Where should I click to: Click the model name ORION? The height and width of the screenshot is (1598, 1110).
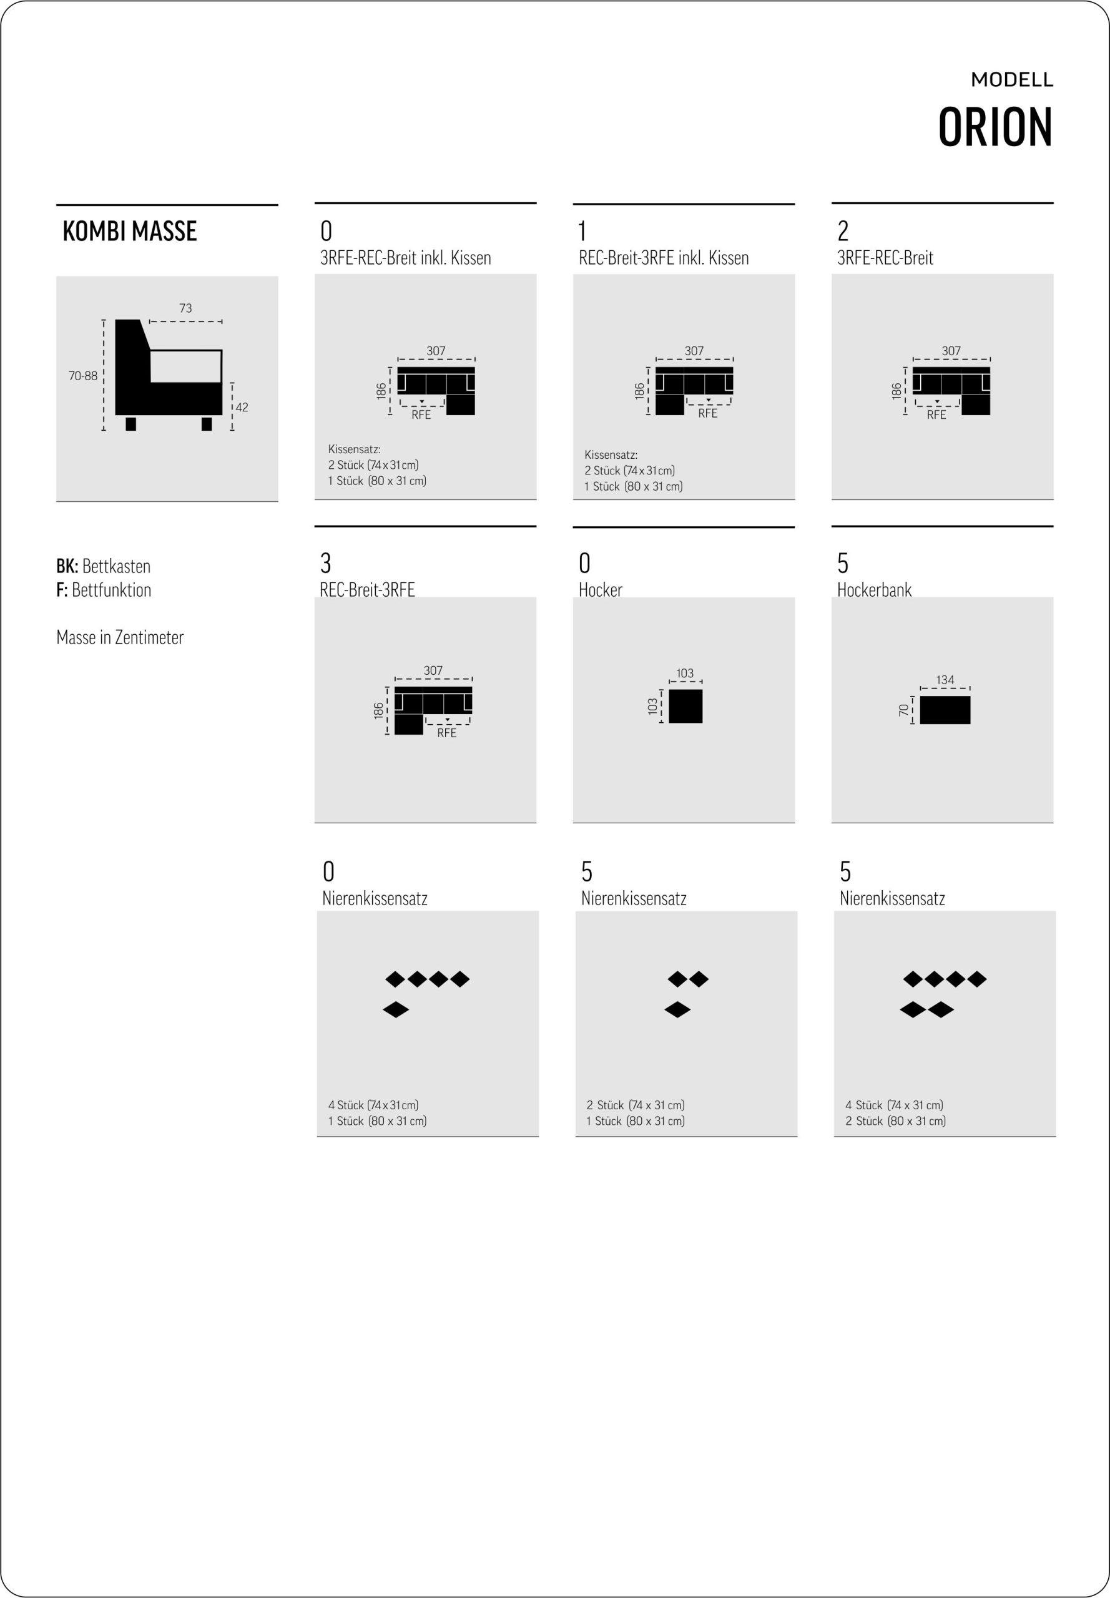995,127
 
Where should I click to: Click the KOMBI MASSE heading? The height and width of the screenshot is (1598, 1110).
129,231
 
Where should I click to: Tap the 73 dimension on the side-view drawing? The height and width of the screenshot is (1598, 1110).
185,308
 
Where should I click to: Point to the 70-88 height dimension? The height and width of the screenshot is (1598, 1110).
83,376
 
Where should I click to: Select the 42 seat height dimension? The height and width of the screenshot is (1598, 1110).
242,408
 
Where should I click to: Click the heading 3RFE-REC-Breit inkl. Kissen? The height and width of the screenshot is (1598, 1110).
405,258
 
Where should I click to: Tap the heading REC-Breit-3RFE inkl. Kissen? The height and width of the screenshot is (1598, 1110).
664,258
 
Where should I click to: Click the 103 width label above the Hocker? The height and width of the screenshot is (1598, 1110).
685,673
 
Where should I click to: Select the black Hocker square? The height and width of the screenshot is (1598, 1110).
685,707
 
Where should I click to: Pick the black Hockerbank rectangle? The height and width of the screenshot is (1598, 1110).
945,710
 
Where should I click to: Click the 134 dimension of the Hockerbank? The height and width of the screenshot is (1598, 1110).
945,680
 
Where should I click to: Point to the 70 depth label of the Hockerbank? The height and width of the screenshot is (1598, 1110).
903,710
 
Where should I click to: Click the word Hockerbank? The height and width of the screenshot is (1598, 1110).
874,590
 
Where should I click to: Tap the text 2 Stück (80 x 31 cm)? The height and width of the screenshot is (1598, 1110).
896,1121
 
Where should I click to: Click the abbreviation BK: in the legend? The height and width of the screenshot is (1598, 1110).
67,566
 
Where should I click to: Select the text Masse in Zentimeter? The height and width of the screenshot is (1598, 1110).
120,638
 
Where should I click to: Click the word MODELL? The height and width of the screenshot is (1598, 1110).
1012,80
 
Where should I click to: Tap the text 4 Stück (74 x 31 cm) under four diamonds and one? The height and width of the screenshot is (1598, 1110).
373,1105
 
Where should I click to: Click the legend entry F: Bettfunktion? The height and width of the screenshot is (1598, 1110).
104,590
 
